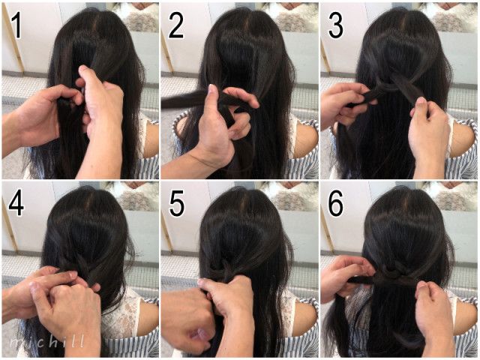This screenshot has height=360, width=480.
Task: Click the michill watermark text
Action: click(46, 341)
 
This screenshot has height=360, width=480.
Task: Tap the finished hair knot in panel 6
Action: click(394, 271)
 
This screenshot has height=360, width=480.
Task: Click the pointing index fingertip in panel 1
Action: click(82, 70)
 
